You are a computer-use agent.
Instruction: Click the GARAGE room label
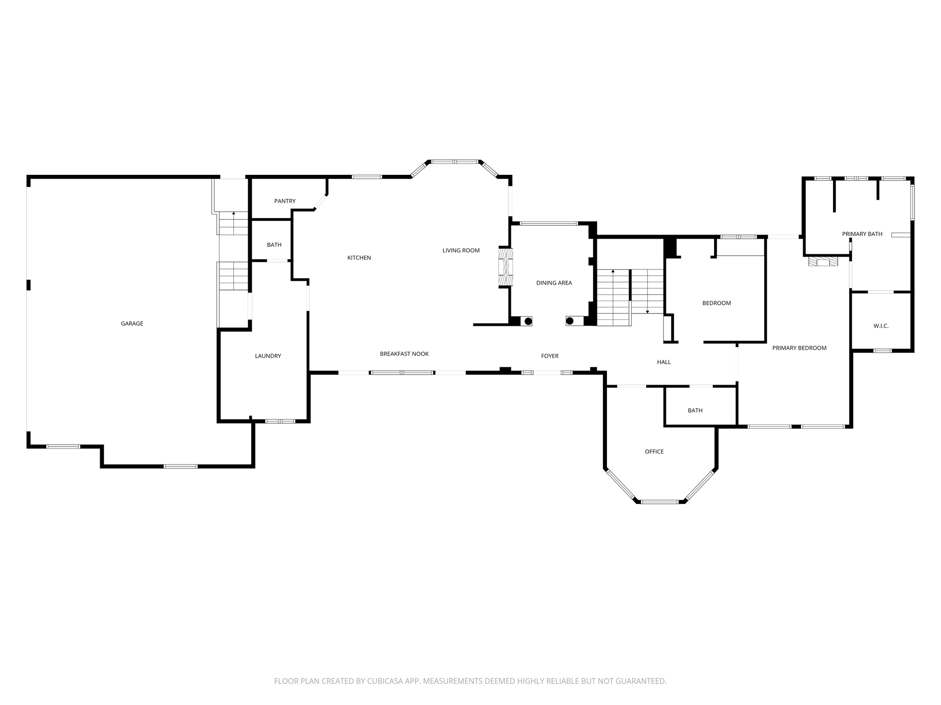click(132, 324)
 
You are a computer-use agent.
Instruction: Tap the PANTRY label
click(285, 201)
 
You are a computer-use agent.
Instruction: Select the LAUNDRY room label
click(268, 356)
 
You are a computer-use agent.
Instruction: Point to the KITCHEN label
click(359, 258)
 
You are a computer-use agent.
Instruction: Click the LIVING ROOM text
click(461, 251)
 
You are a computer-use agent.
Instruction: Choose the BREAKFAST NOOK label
click(404, 354)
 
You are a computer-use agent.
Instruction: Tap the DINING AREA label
click(554, 283)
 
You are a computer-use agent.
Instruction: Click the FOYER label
click(550, 356)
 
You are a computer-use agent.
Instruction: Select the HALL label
click(663, 362)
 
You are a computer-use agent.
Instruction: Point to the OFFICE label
click(654, 452)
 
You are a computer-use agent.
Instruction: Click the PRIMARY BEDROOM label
click(799, 348)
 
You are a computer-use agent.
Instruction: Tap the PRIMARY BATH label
click(862, 234)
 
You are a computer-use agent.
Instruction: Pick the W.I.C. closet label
click(881, 326)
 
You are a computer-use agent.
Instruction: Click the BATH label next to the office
click(695, 410)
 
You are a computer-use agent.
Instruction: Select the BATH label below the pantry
click(274, 245)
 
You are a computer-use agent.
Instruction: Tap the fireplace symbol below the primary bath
click(823, 262)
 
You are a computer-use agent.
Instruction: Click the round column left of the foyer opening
click(528, 321)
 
